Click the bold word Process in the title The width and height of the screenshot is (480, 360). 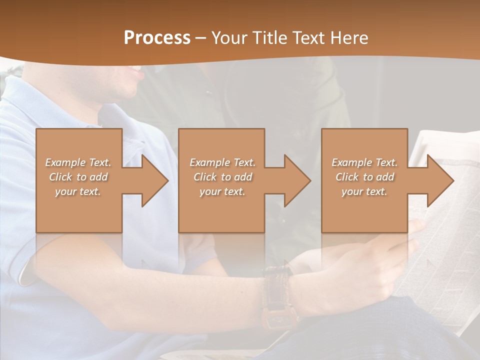pos(157,38)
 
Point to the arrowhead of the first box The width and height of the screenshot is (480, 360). pos(155,180)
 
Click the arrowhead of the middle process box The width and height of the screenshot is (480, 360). pos(297,180)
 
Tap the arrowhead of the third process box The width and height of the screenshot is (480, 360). pos(440,180)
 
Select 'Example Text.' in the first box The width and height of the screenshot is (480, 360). pos(78,162)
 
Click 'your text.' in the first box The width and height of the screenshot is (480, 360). pos(78,191)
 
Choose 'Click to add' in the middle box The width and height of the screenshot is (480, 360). pos(222,177)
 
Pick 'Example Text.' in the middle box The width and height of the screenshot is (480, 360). pos(222,162)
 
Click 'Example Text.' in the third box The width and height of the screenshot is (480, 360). pos(364,162)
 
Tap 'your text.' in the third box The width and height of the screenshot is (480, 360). pos(364,191)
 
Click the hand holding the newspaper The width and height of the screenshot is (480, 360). pos(365,270)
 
